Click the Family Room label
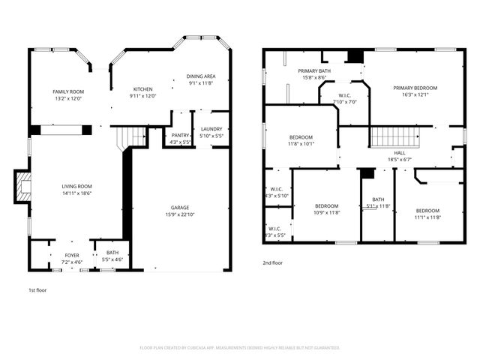click(67, 91)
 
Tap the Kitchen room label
click(142, 89)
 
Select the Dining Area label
click(201, 76)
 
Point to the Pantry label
click(180, 135)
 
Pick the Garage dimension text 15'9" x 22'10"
click(180, 214)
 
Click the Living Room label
click(76, 186)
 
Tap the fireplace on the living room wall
click(23, 186)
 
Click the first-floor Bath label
click(112, 253)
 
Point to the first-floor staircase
click(130, 136)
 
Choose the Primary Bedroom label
click(415, 88)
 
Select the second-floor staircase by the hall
click(394, 136)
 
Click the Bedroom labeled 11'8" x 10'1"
click(301, 138)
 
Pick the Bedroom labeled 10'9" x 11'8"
click(327, 206)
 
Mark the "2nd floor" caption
click(272, 263)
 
